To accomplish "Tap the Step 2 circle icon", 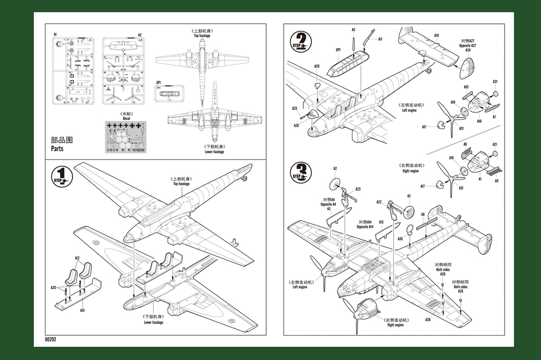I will (301, 41).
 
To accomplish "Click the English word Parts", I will (57, 149).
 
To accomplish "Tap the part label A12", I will (77, 259).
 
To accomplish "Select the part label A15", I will (82, 310).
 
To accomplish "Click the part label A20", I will (53, 288).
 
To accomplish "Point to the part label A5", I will (353, 30).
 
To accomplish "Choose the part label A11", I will (380, 39).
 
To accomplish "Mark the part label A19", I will (437, 35).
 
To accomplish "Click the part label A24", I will (468, 50).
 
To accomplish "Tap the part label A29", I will (316, 66).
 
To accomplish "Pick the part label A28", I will (296, 125).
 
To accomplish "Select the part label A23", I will (358, 189).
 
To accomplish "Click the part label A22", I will (379, 201).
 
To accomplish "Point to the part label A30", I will (400, 238).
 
